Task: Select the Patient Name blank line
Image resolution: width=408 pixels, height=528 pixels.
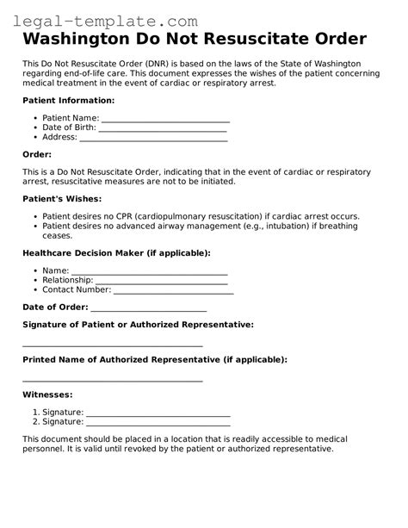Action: [165, 121]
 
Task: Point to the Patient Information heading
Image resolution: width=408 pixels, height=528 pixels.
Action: [66, 101]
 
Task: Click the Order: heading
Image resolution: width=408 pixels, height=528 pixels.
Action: [38, 154]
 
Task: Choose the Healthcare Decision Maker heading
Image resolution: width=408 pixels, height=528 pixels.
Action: [116, 253]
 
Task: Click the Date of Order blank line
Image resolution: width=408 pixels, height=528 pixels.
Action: [148, 309]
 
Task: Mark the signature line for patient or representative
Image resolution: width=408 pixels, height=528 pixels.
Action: [112, 344]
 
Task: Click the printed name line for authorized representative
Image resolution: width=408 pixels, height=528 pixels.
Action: [112, 379]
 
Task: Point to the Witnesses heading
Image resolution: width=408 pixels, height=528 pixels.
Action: [47, 394]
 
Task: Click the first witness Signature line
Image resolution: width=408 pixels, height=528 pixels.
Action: [158, 414]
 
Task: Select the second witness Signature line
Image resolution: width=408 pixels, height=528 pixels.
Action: [158, 424]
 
